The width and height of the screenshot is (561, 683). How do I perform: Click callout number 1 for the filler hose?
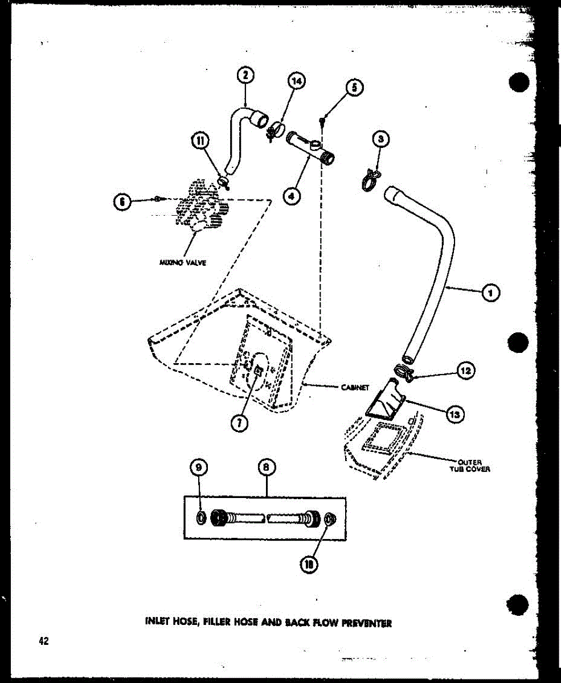coord(490,293)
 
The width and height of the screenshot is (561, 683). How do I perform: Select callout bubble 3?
coord(380,139)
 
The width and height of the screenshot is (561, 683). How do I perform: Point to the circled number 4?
coord(291,196)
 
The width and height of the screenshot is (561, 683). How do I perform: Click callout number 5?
coord(354,87)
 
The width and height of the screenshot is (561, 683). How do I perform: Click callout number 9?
coord(198,468)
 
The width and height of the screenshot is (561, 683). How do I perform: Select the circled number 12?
coord(466,371)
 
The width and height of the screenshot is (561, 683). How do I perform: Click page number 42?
coord(44,640)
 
